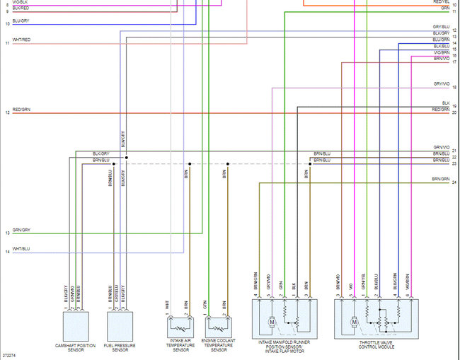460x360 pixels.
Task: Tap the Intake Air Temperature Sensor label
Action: click(180, 347)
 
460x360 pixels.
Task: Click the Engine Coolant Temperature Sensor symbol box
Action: click(219, 327)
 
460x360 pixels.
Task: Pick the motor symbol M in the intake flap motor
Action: click(271, 322)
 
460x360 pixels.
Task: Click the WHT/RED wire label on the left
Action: click(21, 40)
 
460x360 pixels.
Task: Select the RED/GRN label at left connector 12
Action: click(21, 110)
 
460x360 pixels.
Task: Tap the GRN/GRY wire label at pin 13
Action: click(21, 229)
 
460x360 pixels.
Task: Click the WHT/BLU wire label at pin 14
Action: click(21, 248)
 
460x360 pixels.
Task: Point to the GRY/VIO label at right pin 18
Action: click(441, 84)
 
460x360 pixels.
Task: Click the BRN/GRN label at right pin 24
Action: click(441, 180)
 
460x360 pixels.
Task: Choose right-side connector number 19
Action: click(454, 107)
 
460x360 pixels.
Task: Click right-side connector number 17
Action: click(454, 62)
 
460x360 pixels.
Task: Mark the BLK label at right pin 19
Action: click(445, 103)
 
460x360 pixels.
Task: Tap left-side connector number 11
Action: click(6, 43)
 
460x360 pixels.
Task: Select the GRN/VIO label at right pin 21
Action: click(441, 147)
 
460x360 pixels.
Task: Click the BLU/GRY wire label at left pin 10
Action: click(21, 21)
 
